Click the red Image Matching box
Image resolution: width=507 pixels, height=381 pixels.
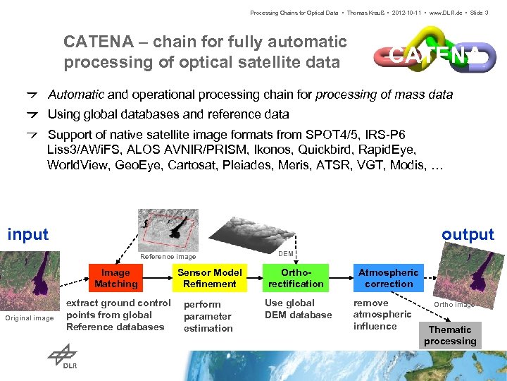pyautogui.click(x=116, y=278)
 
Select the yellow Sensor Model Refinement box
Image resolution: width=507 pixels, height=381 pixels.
pyautogui.click(x=209, y=278)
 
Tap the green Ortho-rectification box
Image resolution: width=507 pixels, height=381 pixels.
pyautogui.click(x=296, y=278)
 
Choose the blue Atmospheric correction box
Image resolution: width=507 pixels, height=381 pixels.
pyautogui.click(x=389, y=278)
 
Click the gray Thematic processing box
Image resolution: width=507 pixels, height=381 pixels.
pyautogui.click(x=450, y=335)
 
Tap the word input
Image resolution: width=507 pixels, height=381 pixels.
pyautogui.click(x=28, y=234)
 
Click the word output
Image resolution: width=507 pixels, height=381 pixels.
pyautogui.click(x=468, y=234)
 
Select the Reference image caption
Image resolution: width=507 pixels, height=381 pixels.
pyautogui.click(x=168, y=257)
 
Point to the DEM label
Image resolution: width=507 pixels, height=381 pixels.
pyautogui.click(x=286, y=253)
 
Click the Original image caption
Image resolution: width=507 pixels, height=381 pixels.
pyautogui.click(x=29, y=318)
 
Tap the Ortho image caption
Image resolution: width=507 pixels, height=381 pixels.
pyautogui.click(x=453, y=305)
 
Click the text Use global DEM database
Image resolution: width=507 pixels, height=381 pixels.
pyautogui.click(x=298, y=309)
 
